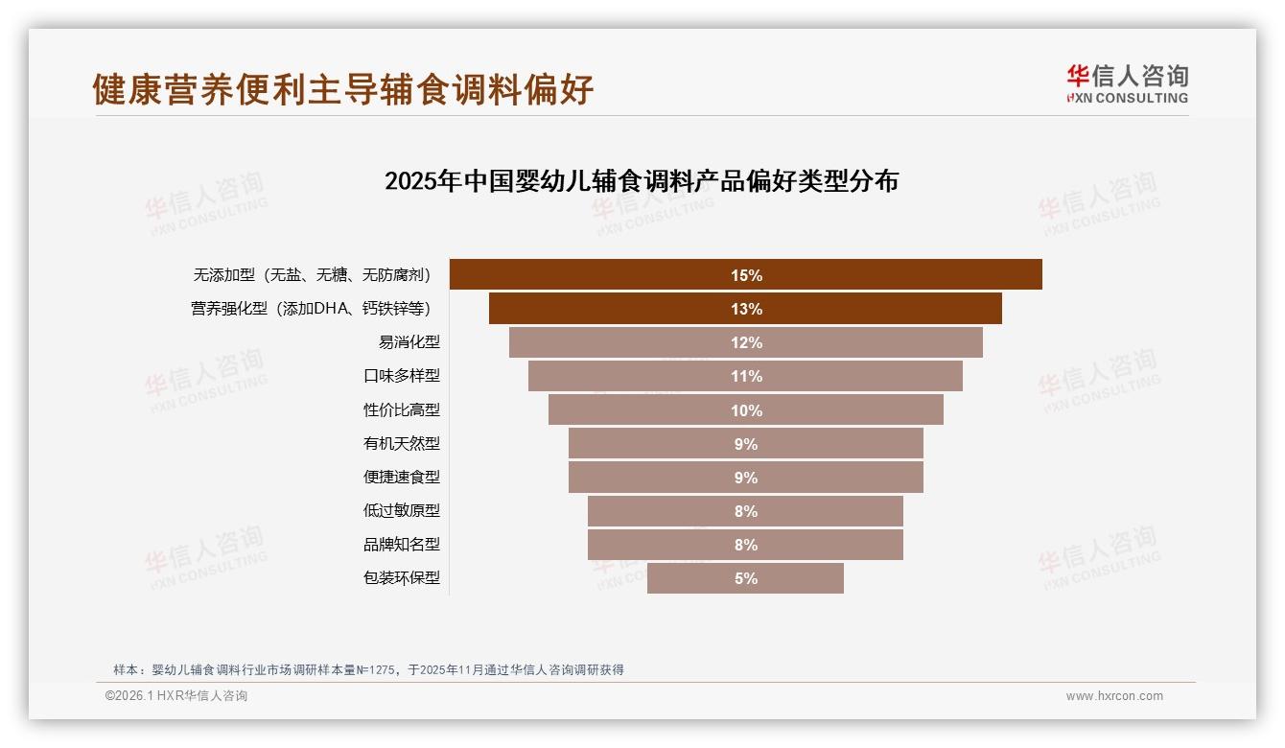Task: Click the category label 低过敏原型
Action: (401, 511)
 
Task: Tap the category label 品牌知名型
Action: (401, 545)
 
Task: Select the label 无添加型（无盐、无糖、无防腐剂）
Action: (313, 275)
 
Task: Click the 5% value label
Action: (746, 578)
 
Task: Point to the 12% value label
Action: (746, 342)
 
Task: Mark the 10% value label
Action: (746, 410)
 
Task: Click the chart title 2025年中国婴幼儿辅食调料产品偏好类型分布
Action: (641, 181)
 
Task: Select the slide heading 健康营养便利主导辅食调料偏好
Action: (343, 89)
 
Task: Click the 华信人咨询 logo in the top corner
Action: (1127, 83)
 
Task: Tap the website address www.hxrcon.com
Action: (1114, 696)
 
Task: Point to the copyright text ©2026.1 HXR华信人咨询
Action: (176, 696)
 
